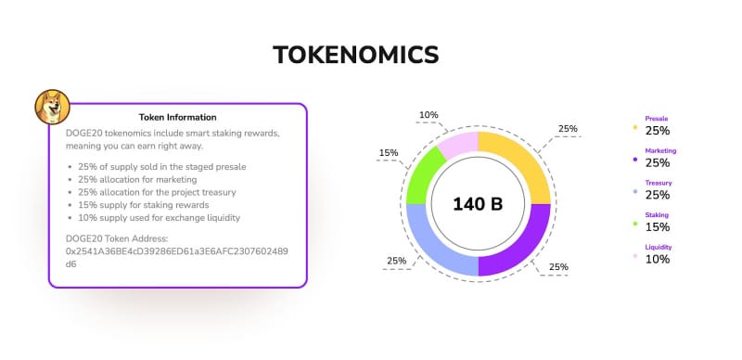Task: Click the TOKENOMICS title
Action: tap(355, 56)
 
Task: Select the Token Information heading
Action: tap(177, 118)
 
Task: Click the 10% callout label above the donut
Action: tap(429, 116)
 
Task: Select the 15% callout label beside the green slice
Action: tap(389, 153)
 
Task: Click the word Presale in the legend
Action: tap(657, 119)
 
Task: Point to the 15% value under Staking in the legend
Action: tap(657, 227)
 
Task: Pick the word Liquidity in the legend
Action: tap(658, 248)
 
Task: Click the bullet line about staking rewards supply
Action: tap(150, 204)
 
